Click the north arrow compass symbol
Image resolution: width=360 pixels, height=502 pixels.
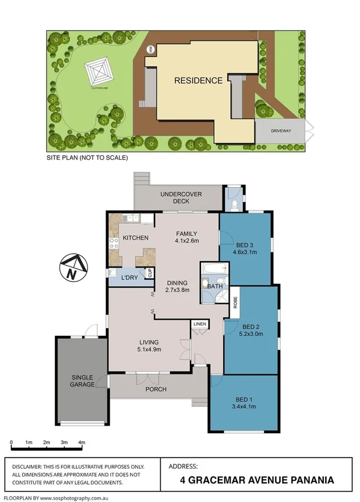pos(72,267)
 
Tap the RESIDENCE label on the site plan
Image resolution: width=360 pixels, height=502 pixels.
pos(198,81)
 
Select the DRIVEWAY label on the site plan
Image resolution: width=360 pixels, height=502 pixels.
pos(280,131)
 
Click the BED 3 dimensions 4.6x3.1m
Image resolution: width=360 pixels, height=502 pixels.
pos(245,251)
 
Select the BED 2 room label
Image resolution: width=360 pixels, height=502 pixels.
pos(251,327)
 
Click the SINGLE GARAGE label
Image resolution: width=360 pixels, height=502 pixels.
pos(83,381)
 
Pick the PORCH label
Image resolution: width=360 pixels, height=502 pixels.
pos(156,389)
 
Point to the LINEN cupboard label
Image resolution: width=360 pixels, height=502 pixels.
pos(200,323)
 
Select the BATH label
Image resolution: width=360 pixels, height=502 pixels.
pos(214,286)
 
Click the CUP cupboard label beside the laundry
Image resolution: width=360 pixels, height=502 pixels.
pos(149,273)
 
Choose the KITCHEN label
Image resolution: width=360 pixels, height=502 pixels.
pos(135,238)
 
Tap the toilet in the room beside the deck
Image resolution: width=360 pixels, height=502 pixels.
pos(233,204)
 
